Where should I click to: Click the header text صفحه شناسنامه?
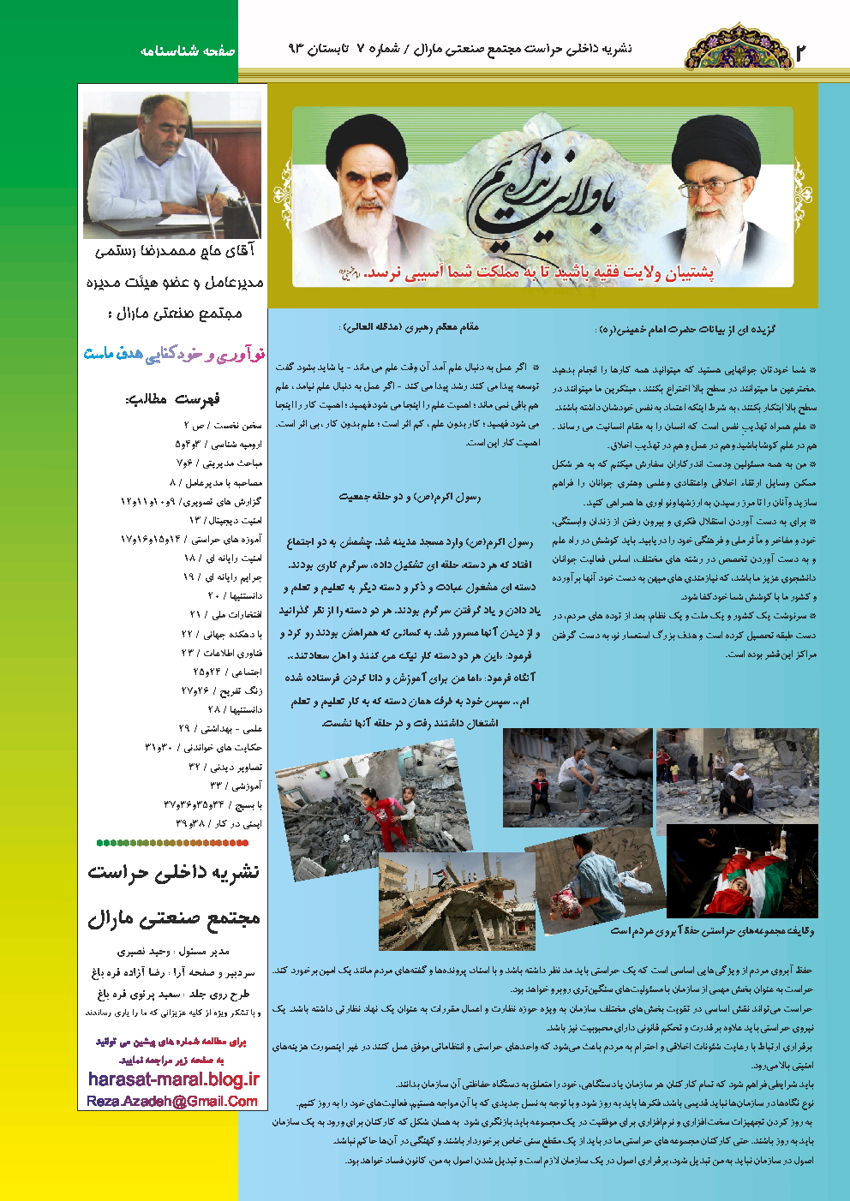pos(188,51)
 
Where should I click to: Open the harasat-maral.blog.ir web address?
pos(173,1079)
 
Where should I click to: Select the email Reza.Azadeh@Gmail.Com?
pos(172,1101)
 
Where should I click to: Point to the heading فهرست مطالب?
pos(173,399)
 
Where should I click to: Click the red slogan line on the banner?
pos(538,272)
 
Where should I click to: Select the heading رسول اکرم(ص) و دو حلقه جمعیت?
pos(410,497)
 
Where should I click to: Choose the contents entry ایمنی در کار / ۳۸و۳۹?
pos(218,823)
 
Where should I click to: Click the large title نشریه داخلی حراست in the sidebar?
pos(173,873)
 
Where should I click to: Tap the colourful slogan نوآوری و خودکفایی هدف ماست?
pos(174,354)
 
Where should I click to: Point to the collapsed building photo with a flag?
pos(459,901)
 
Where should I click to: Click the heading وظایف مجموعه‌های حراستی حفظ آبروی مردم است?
pos(711,930)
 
